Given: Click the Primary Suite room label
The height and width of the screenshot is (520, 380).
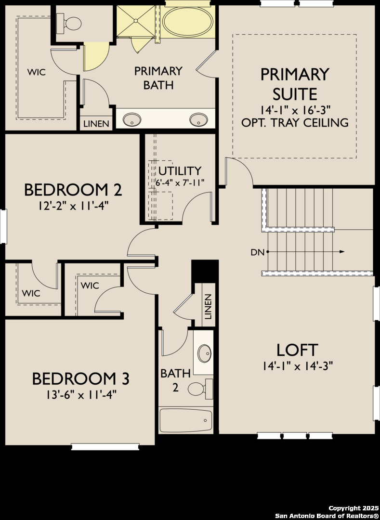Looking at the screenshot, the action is coord(294,84).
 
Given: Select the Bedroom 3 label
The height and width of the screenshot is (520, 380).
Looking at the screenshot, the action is coord(80,379).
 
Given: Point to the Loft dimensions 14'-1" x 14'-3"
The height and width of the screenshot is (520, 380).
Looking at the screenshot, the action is coord(298,366).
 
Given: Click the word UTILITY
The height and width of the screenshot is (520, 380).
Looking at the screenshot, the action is coord(180,171).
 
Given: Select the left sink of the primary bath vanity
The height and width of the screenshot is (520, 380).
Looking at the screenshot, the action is coord(132,119).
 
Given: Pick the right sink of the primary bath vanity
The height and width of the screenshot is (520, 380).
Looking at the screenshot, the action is coord(198,119).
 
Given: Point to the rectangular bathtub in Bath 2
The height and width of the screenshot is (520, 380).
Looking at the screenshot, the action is coord(186,420).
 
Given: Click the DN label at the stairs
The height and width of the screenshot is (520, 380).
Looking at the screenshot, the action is coord(257,252).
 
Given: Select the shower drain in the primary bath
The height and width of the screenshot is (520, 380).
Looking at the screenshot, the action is coord(136,21).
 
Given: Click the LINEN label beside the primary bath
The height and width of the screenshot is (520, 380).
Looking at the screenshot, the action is coord(96,124).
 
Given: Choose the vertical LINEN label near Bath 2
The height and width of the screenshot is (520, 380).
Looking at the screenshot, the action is coord(208,306).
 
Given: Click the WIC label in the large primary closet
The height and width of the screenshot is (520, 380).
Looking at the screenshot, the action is coord(37,72).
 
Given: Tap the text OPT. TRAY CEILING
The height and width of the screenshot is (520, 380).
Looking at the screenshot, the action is coord(295,122).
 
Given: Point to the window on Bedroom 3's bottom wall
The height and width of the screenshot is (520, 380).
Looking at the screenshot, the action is coord(105,447).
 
